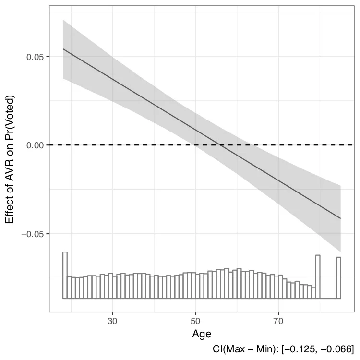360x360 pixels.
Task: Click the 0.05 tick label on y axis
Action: (x=34, y=57)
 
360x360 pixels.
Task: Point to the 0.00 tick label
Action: (x=34, y=145)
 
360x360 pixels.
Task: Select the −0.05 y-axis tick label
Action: (x=32, y=234)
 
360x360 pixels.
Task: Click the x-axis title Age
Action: (x=202, y=333)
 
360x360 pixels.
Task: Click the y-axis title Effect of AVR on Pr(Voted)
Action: (x=10, y=159)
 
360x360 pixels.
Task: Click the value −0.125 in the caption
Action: (x=308, y=349)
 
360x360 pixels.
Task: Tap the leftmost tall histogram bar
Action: (x=65, y=275)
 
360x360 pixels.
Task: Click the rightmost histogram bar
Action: (x=338, y=277)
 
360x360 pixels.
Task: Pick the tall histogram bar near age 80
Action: (x=317, y=276)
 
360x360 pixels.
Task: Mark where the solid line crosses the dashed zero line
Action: (x=219, y=145)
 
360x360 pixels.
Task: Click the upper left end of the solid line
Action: (x=63, y=49)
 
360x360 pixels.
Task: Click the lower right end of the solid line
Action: (x=340, y=218)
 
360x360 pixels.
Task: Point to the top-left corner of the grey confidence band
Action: (x=63, y=20)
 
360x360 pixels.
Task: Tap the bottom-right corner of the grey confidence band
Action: (x=340, y=252)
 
